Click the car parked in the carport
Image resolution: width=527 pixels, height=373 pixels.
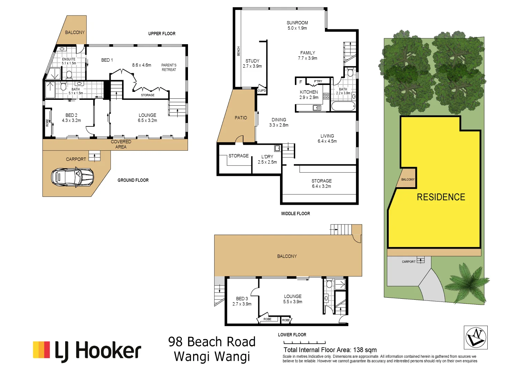72,177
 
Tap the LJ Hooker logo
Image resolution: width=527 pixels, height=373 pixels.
87,351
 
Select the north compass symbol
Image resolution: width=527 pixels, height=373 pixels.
476,337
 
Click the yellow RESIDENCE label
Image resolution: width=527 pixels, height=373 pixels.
441,197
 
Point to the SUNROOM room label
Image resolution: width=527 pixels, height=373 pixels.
297,23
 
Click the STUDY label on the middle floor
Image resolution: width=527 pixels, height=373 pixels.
252,61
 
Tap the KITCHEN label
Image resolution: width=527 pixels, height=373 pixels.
309,92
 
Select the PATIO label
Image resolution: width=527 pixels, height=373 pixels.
241,118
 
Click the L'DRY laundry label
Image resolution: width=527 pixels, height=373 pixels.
267,157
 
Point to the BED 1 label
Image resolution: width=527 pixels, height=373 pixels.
107,60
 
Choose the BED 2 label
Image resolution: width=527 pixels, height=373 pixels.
71,115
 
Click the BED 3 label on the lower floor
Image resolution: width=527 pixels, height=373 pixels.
242,299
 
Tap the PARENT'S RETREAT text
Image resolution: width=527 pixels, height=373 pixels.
169,67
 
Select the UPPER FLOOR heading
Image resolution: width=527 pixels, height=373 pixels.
162,34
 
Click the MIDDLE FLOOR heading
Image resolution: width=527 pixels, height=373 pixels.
296,214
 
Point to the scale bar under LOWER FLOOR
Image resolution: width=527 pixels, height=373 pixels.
305,343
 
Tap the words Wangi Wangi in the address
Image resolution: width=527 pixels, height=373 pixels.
212,357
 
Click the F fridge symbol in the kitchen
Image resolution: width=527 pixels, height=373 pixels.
300,82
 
